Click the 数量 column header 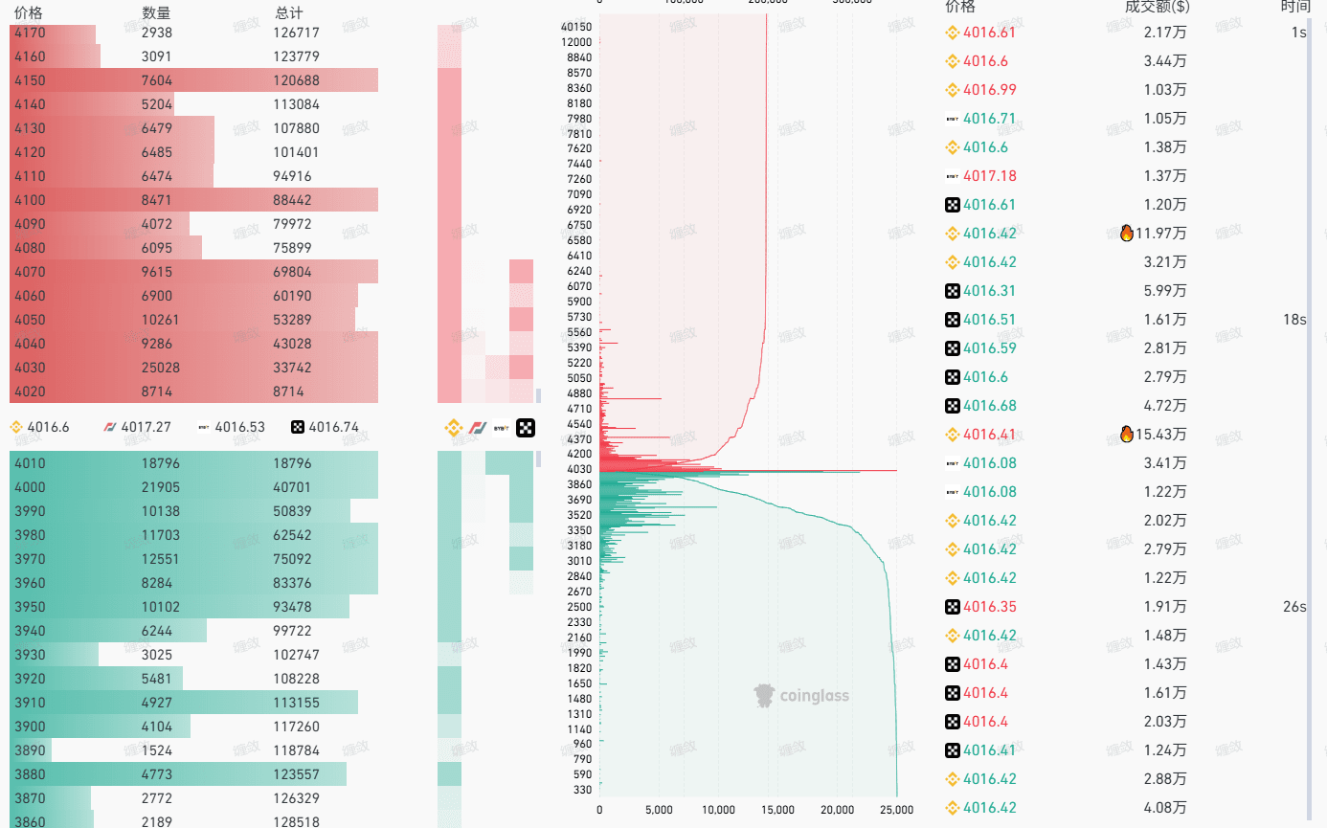pyautogui.click(x=156, y=12)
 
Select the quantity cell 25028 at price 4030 pyautogui.click(x=160, y=368)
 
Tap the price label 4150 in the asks pyautogui.click(x=30, y=80)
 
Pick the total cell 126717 pyautogui.click(x=296, y=33)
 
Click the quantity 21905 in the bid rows pyautogui.click(x=160, y=487)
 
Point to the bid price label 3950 pyautogui.click(x=30, y=607)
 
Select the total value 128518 pyautogui.click(x=296, y=821)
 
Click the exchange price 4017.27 pyautogui.click(x=146, y=427)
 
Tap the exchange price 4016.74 pyautogui.click(x=333, y=427)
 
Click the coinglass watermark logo pyautogui.click(x=801, y=696)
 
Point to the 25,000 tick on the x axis pyautogui.click(x=896, y=810)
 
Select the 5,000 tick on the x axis pyautogui.click(x=659, y=810)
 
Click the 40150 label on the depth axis pyautogui.click(x=576, y=27)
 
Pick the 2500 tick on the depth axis pyautogui.click(x=579, y=607)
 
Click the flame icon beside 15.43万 pyautogui.click(x=1127, y=435)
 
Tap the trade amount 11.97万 pyautogui.click(x=1160, y=234)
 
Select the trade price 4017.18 pyautogui.click(x=989, y=176)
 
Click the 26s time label pyautogui.click(x=1294, y=607)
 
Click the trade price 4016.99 pyautogui.click(x=989, y=90)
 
